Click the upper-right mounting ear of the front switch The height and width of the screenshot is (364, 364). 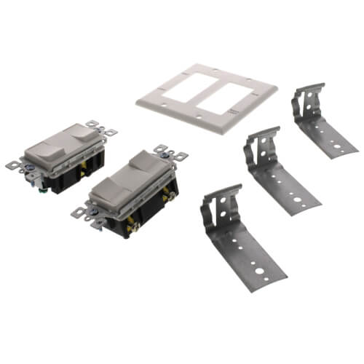click(175, 154)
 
